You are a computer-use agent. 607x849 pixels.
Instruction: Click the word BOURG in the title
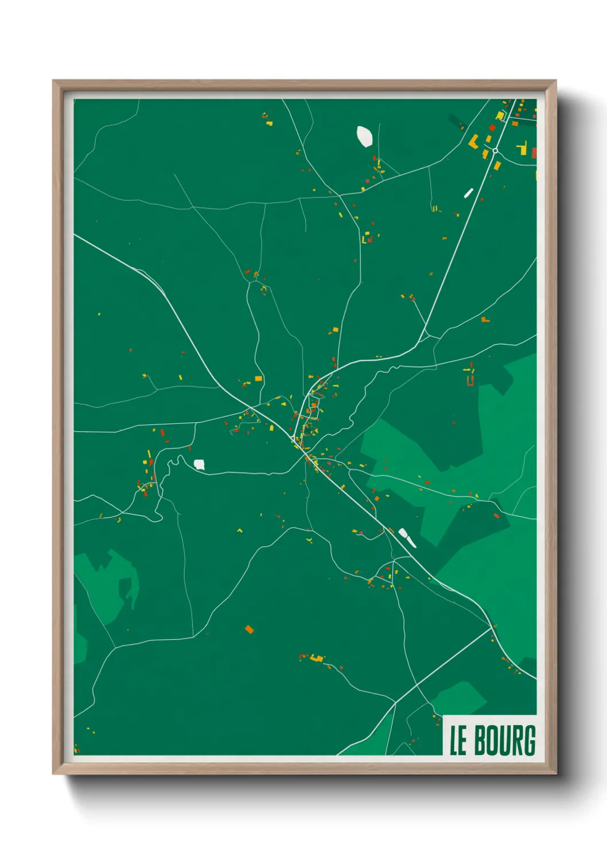[x=505, y=741]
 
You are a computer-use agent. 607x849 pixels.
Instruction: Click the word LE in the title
[x=458, y=741]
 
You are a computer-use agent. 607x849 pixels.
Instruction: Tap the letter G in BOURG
[x=528, y=741]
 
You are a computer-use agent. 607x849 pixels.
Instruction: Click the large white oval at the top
[x=364, y=137]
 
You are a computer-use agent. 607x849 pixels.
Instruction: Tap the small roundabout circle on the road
[x=495, y=151]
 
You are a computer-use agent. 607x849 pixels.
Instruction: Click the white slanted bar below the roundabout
[x=468, y=193]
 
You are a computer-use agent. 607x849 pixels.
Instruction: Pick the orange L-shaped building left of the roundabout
[x=474, y=141]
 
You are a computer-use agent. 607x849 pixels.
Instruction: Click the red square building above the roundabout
[x=492, y=128]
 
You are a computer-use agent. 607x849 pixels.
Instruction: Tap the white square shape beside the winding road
[x=199, y=464]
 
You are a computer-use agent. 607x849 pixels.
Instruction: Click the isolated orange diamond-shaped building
[x=249, y=629]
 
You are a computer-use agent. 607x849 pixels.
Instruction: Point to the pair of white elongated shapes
[x=407, y=537]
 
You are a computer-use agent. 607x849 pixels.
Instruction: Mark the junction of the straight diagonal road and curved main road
[x=492, y=628]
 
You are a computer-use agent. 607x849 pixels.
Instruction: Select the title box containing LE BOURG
[x=491, y=735]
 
